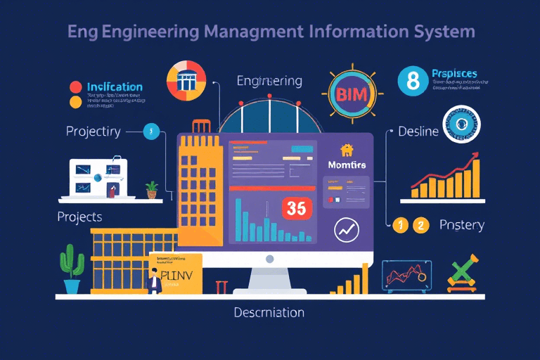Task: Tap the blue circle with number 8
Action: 412,82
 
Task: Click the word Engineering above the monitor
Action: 270,81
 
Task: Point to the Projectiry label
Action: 93,131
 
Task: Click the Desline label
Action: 418,131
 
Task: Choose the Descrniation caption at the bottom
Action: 269,312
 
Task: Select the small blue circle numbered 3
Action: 150,131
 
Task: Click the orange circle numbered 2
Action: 420,225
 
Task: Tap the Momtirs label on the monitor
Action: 348,164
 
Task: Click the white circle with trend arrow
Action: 347,230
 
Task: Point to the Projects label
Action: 79,217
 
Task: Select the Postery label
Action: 461,224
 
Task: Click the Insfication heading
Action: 115,87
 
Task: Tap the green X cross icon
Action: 461,273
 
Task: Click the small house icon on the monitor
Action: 346,149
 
